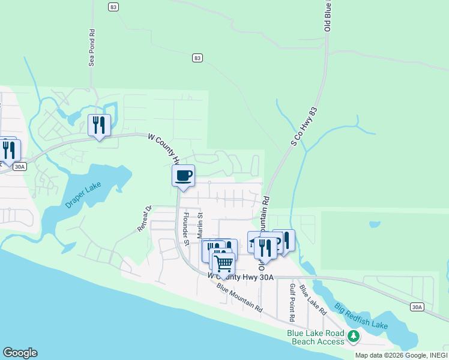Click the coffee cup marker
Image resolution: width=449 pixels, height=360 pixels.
pos(183,176)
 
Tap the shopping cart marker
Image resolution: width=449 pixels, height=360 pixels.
pos(223,263)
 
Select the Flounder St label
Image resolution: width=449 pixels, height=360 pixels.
pos(186,229)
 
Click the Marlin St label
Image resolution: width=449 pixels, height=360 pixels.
pos(201,224)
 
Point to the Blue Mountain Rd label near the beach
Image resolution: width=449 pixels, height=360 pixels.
pos(240,297)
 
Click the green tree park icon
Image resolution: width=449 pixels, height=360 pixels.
pos(354,337)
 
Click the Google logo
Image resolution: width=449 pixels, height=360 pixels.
pos(20,353)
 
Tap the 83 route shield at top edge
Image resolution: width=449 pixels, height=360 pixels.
pos(113,7)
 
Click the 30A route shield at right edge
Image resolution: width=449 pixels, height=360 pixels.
pos(417,307)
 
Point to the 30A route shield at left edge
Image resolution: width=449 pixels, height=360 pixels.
pos(20,167)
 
